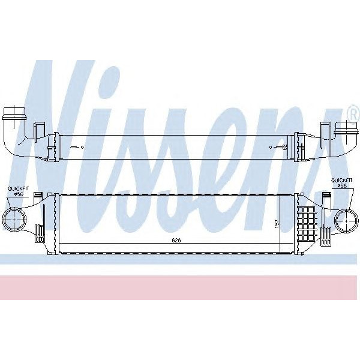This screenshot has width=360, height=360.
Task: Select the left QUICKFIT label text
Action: pyautogui.click(x=18, y=189)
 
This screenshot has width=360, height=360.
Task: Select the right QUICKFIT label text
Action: pyautogui.click(x=341, y=179)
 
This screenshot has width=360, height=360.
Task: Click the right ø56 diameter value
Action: pyautogui.click(x=341, y=185)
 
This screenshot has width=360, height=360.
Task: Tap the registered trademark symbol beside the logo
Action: pyautogui.click(x=353, y=112)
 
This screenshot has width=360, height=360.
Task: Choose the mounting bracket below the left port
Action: pyautogui.click(x=40, y=232)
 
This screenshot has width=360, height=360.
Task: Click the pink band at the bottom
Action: pyautogui.click(x=180, y=287)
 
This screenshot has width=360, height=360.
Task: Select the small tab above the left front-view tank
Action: pyautogui.click(x=38, y=195)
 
